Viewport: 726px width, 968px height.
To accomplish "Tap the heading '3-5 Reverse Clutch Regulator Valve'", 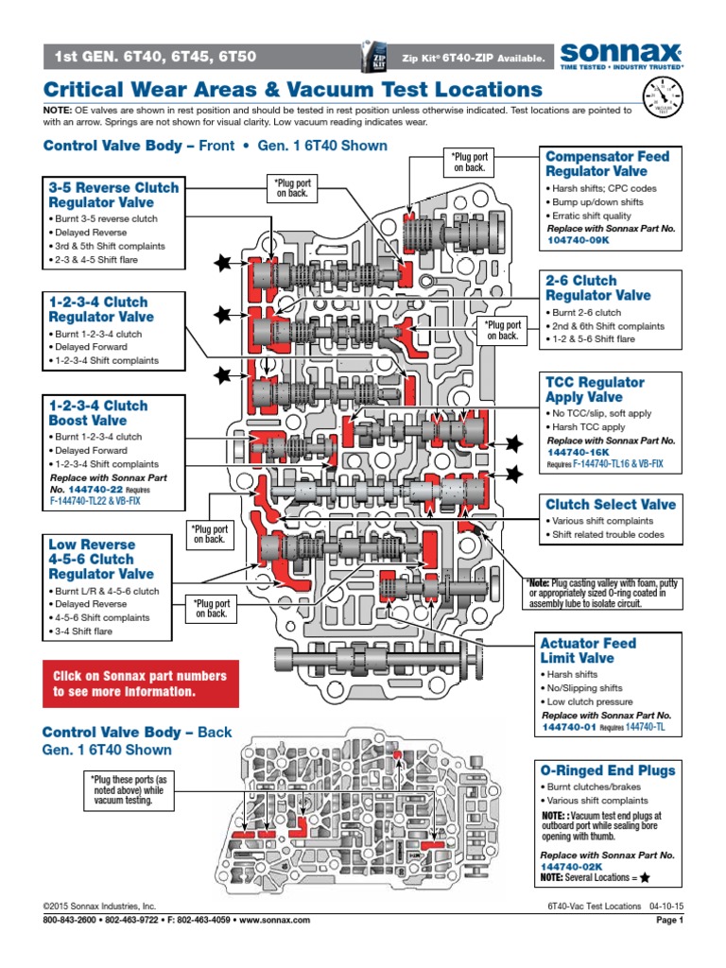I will [113, 195].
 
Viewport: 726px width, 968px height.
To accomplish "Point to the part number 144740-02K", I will [572, 866].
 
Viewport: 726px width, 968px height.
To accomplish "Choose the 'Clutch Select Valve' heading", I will [610, 504].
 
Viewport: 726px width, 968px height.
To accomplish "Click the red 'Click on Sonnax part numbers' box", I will [140, 683].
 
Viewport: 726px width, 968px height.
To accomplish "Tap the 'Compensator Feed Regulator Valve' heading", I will [607, 164].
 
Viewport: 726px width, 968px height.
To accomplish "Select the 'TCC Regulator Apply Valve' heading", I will [595, 389].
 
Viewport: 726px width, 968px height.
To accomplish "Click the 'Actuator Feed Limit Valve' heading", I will [588, 650].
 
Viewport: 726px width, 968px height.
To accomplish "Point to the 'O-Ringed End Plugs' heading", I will [608, 770].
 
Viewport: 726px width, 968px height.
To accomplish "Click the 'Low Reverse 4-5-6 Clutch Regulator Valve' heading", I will [101, 559].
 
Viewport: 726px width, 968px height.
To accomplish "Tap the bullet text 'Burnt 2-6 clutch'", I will [585, 313].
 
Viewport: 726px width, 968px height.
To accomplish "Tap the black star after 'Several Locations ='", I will [645, 877].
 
